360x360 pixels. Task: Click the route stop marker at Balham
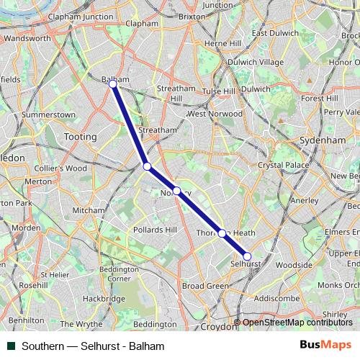click(x=113, y=84)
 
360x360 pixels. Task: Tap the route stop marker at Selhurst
click(x=247, y=256)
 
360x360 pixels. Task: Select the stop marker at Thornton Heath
click(x=222, y=233)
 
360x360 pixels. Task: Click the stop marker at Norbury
click(x=176, y=192)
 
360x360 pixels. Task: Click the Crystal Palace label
click(x=282, y=166)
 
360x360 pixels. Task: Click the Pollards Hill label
click(x=155, y=230)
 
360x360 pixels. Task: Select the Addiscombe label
click(x=277, y=297)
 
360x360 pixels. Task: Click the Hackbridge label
click(x=99, y=298)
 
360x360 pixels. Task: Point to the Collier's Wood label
click(x=60, y=168)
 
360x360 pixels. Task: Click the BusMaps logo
click(x=325, y=346)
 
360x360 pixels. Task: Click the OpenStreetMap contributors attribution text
click(x=297, y=323)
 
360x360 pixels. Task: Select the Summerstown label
click(x=48, y=114)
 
